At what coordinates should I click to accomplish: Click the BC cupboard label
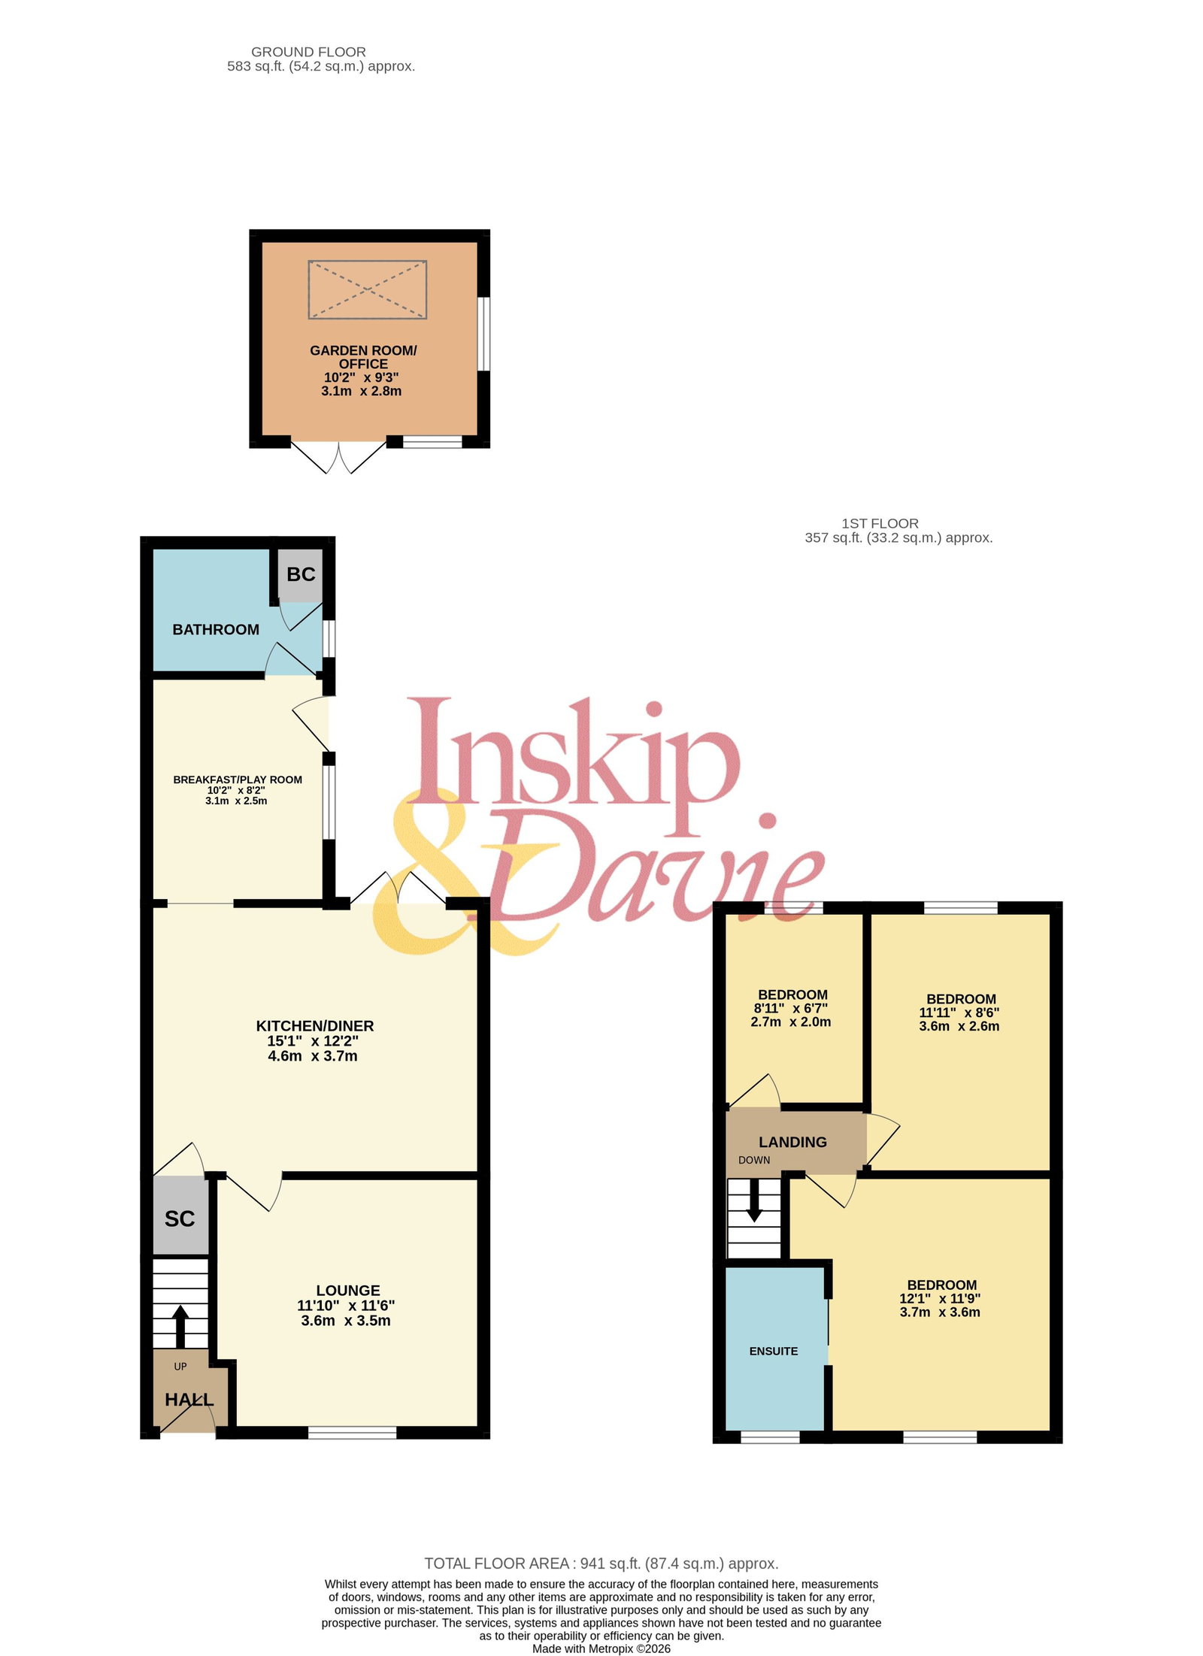point(301,574)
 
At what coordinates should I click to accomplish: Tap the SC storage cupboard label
point(180,1219)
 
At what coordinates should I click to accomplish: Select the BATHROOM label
point(216,629)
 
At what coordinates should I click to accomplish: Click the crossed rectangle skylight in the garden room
point(367,289)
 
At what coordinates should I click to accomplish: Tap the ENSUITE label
point(773,1351)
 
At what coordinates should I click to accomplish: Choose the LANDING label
point(792,1142)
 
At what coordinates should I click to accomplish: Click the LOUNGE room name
point(347,1290)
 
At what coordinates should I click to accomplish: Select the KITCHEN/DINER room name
point(315,1025)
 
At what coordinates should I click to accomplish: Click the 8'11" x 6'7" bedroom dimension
point(791,1008)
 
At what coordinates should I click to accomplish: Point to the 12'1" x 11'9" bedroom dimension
point(940,1298)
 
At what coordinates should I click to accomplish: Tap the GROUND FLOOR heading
point(308,52)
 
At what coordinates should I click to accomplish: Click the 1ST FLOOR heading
point(880,523)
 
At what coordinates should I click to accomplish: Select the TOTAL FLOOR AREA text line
point(601,1563)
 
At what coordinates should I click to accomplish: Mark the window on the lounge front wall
point(352,1433)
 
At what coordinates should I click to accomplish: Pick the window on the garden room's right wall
point(484,334)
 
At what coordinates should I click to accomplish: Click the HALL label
point(189,1400)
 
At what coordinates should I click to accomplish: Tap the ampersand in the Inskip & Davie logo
point(466,872)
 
